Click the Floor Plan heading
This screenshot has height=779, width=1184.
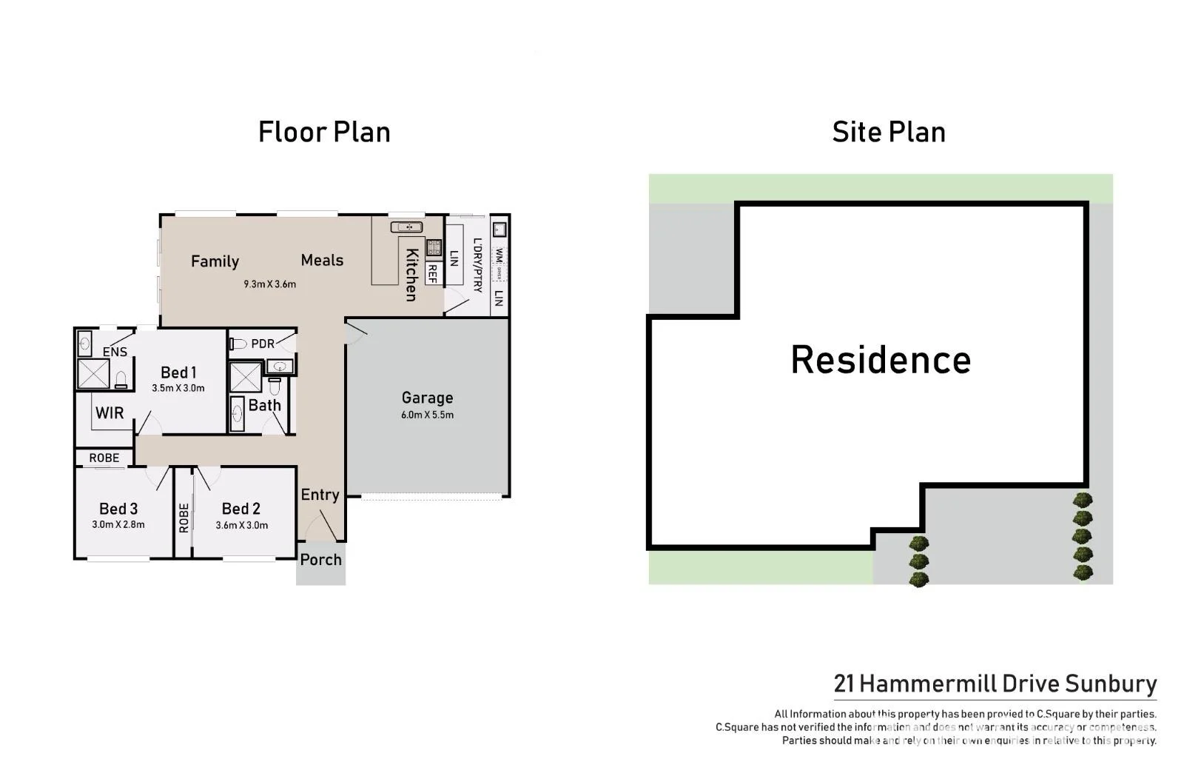click(324, 132)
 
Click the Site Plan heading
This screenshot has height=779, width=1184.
click(889, 132)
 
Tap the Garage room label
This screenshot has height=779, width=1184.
click(427, 398)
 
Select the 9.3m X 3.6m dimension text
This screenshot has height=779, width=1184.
click(269, 284)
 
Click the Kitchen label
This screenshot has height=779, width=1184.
click(411, 274)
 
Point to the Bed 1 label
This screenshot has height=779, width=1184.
click(178, 372)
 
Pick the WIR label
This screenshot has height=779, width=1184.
click(110, 413)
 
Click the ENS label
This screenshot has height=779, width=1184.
click(115, 352)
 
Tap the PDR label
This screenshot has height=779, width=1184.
click(263, 344)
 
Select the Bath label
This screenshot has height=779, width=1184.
click(264, 405)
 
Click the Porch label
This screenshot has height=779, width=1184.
click(320, 560)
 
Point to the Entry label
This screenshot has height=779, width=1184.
click(320, 495)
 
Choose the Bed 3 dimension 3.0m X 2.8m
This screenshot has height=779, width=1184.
click(118, 524)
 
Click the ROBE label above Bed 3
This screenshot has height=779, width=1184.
click(104, 458)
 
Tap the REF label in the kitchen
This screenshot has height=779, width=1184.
click(433, 273)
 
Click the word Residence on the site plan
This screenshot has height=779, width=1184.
click(881, 360)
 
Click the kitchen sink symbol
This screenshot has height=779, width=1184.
click(407, 227)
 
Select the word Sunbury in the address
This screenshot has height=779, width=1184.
click(1110, 683)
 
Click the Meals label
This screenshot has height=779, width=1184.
click(322, 260)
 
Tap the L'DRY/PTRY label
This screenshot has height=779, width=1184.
click(477, 264)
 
